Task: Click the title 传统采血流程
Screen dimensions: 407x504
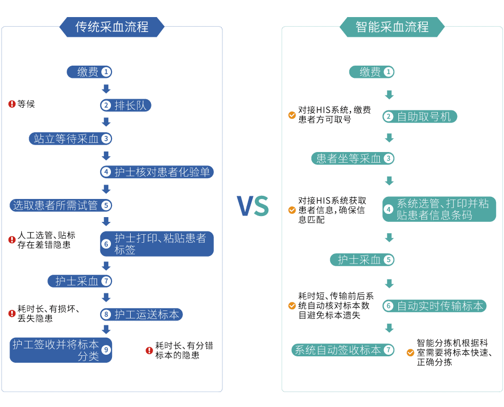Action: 111,26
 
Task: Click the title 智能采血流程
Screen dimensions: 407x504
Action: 392,26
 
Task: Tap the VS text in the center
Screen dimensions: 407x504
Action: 253,206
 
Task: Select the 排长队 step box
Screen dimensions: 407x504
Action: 126,105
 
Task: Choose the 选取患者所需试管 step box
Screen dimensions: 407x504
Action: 61,205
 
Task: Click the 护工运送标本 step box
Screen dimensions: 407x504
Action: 142,315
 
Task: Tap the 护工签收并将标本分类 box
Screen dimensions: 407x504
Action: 61,350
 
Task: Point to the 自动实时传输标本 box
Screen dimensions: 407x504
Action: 434,306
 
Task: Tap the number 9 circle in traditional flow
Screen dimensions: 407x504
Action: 106,350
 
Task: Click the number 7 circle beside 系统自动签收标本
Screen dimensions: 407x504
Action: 389,350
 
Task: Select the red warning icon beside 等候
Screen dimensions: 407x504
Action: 12,104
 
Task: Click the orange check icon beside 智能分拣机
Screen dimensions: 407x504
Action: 410,353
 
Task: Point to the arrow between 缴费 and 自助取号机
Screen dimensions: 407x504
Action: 389,95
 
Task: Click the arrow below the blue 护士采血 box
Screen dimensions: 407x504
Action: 106,297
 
